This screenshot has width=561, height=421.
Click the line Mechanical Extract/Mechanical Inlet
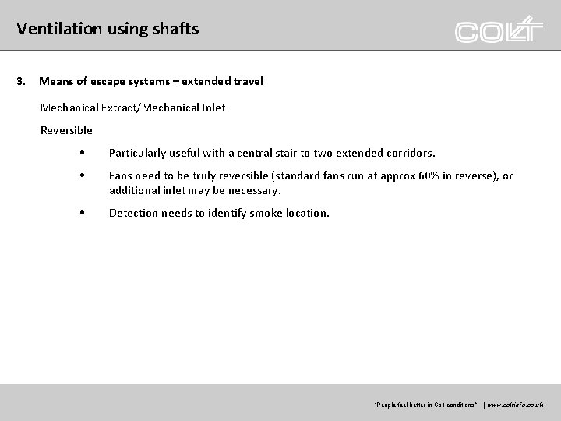tap(132, 108)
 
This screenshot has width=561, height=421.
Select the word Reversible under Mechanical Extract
tap(66, 130)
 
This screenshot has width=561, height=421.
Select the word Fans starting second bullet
tap(122, 176)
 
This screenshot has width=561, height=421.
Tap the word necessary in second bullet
tap(252, 190)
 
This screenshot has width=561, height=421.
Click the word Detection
tap(133, 213)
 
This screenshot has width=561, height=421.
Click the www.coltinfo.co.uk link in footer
tap(517, 405)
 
